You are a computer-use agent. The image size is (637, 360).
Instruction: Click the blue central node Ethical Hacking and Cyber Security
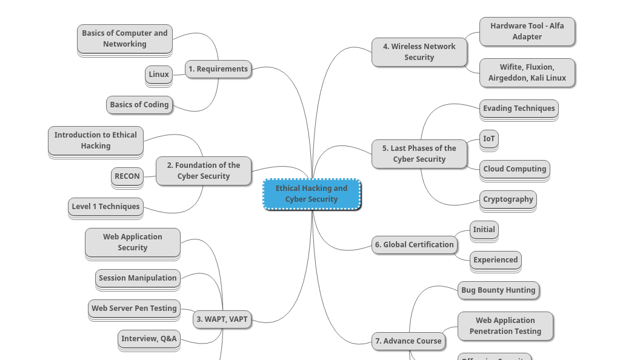point(312,194)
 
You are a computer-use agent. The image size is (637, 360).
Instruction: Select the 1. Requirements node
point(218,69)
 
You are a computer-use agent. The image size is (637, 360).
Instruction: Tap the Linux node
point(159,75)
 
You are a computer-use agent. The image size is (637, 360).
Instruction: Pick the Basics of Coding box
point(139,105)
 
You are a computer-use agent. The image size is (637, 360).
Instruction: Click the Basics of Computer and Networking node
point(125,39)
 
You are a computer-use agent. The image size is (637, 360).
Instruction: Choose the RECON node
point(127,176)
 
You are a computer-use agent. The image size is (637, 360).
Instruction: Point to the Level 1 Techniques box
point(106,207)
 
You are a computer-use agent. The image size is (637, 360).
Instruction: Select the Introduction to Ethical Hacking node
point(96,141)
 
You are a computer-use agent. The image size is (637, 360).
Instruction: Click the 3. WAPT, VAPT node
point(222,319)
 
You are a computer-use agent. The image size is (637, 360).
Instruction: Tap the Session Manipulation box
point(138,278)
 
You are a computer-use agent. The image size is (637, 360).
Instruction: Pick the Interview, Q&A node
point(149,339)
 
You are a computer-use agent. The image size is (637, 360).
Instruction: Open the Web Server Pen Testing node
point(134,308)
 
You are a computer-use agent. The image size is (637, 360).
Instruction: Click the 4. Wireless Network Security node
point(419,52)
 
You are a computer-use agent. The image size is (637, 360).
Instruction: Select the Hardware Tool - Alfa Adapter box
point(527,32)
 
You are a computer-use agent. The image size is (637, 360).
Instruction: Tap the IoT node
point(489,139)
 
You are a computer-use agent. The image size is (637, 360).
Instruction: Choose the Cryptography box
point(508,199)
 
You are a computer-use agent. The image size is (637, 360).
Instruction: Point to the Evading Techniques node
point(519,108)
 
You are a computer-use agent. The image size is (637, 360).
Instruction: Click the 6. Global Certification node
point(414,245)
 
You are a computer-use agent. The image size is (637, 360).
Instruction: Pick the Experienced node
point(496,260)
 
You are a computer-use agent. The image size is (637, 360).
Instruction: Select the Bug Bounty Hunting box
point(498,290)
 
